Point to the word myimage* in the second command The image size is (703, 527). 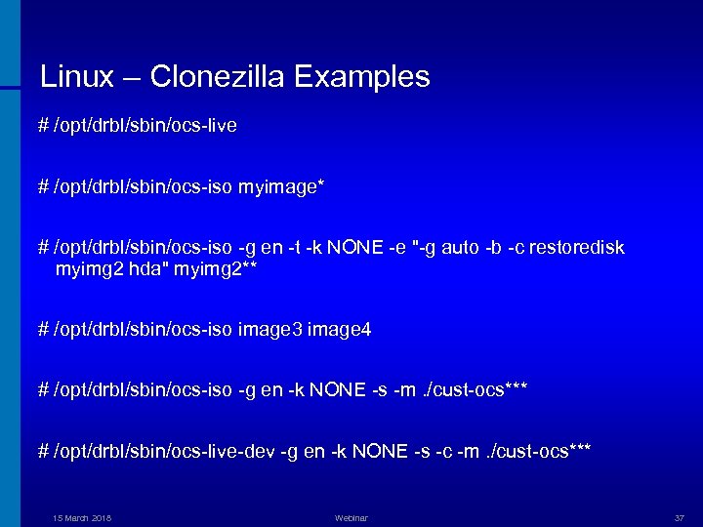click(x=282, y=186)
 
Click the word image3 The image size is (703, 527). click(x=269, y=331)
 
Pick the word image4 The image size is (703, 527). click(x=339, y=331)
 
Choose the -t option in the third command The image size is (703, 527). click(x=295, y=248)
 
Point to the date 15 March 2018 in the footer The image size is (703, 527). click(x=82, y=517)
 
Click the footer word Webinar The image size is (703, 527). click(x=351, y=517)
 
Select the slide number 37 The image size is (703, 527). click(x=680, y=517)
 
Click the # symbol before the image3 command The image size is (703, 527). click(x=43, y=331)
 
